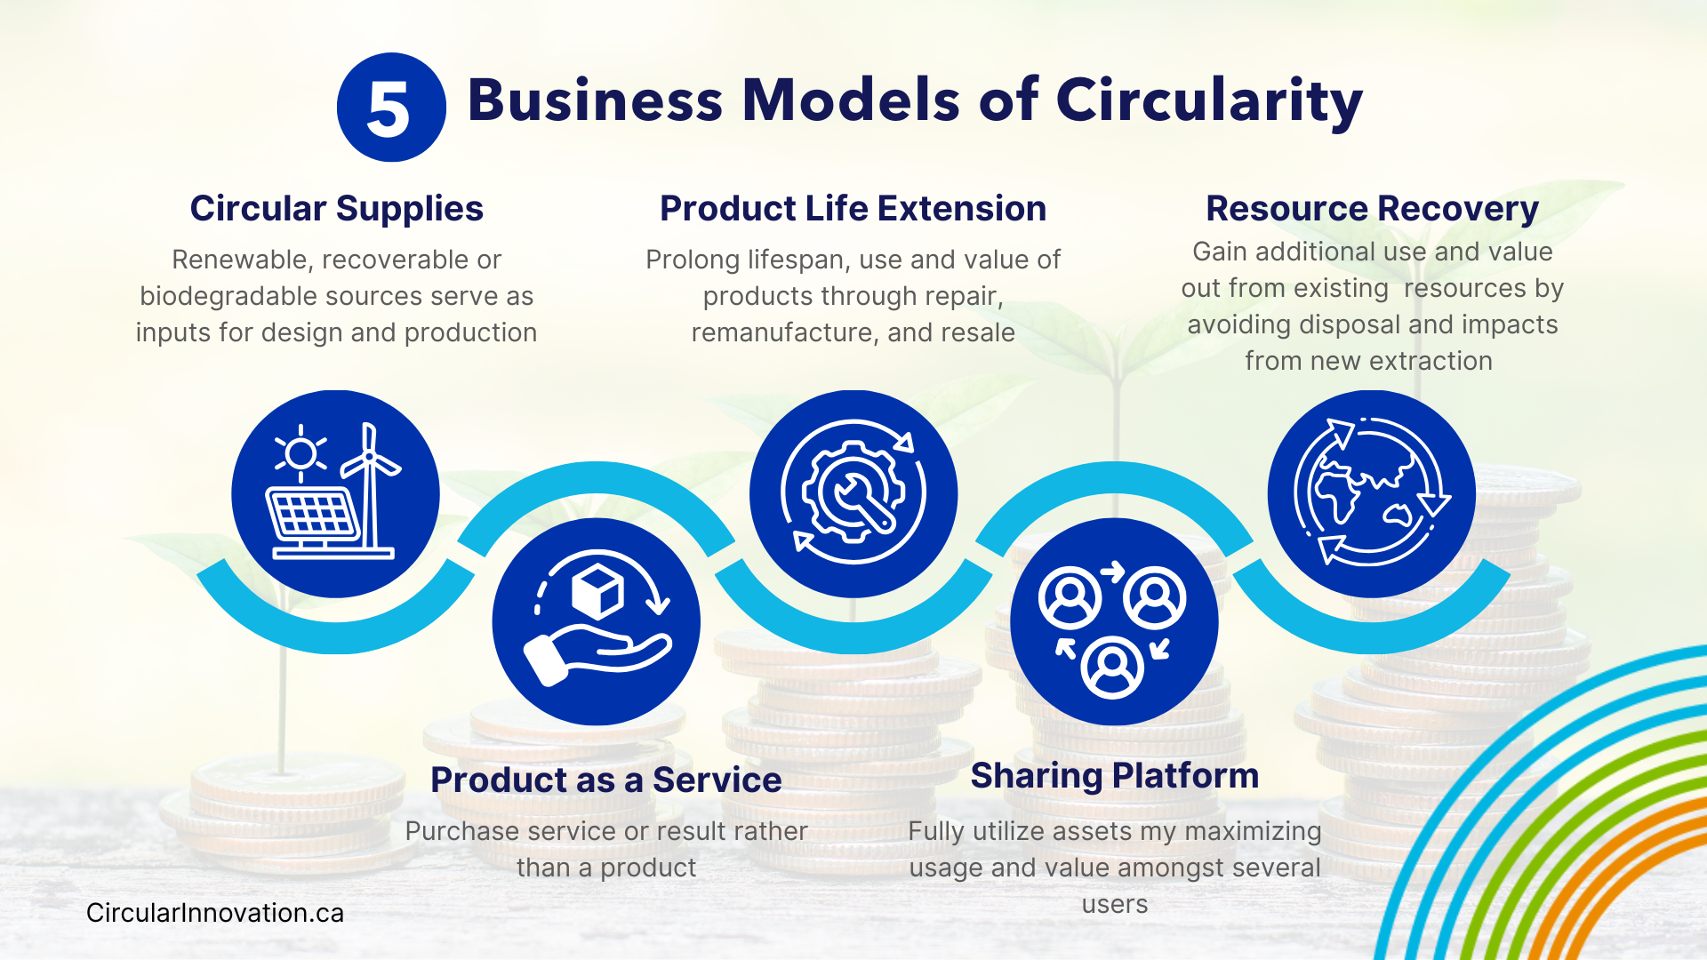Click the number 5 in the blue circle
(x=389, y=108)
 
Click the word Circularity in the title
(x=1209, y=100)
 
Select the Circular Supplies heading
(x=336, y=209)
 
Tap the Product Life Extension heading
(x=853, y=209)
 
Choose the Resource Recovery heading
(x=1372, y=209)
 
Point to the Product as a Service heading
(x=605, y=780)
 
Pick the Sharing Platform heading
(x=1114, y=775)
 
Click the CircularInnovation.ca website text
(x=214, y=913)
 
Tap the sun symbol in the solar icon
(x=301, y=453)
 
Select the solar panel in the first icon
(x=313, y=516)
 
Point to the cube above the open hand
(x=597, y=589)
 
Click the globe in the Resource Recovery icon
(x=1365, y=489)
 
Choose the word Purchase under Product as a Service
(x=461, y=831)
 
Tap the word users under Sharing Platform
(x=1115, y=904)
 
